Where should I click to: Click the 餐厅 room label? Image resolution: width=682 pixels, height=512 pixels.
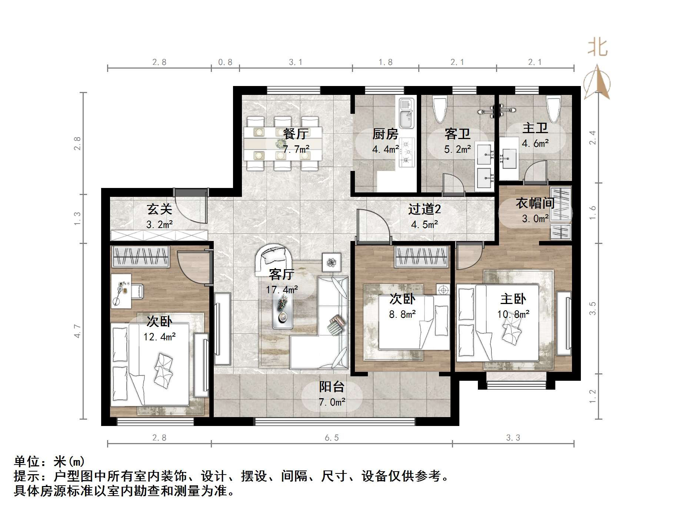295,133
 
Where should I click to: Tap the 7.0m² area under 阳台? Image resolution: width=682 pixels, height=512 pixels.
332,402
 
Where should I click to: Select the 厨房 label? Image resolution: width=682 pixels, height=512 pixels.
385,133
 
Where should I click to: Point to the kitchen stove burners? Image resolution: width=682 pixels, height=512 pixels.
407,152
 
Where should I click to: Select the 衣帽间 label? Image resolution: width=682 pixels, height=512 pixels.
535,203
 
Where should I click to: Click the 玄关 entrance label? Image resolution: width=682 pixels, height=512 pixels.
159,209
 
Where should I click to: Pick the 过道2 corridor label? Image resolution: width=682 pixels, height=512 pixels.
425,209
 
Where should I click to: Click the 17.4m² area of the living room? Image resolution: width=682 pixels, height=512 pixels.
282,290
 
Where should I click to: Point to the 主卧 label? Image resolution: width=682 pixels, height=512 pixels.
513,299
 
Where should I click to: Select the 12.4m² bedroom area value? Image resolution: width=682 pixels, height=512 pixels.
159,337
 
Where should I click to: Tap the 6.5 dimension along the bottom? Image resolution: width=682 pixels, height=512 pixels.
332,438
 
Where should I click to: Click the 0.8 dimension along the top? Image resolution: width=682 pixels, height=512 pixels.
225,62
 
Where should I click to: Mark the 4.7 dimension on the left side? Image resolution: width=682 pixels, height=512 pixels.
77,331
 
